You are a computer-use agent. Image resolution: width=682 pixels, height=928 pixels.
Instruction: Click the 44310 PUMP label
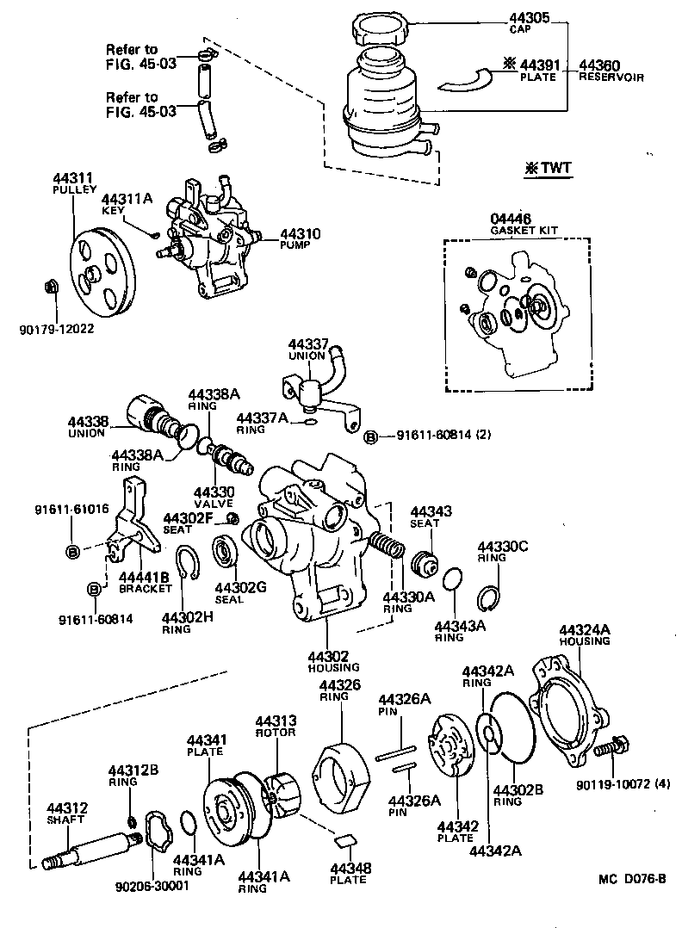[301, 238]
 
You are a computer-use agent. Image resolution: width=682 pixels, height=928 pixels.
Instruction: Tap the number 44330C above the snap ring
[503, 548]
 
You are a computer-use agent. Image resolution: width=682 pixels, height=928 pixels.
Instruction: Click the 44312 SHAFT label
[65, 813]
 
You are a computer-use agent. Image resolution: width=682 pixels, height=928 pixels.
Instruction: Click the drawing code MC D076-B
[633, 880]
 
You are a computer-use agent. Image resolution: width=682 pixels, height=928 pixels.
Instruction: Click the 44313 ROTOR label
[275, 726]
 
